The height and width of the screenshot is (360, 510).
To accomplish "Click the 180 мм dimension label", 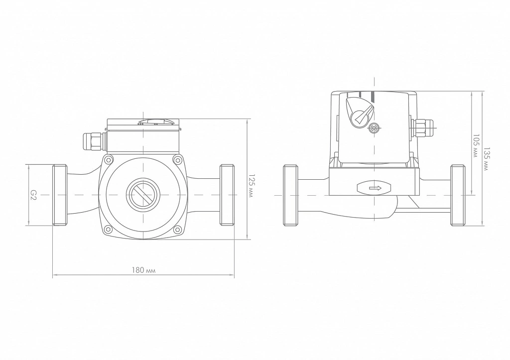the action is (x=143, y=270).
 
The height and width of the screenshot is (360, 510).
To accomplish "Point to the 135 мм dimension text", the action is (x=486, y=159).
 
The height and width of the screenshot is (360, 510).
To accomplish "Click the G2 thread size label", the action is (x=33, y=195).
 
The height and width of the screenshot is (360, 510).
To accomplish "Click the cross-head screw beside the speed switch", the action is (x=375, y=128).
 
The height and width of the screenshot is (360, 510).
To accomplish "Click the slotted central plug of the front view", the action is (x=143, y=195).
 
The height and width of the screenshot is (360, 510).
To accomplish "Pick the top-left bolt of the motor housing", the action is (x=109, y=159).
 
